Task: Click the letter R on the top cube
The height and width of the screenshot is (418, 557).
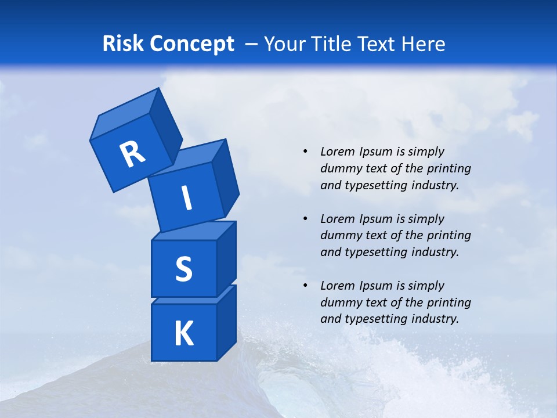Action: click(x=132, y=154)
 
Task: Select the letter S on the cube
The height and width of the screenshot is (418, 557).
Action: click(x=183, y=269)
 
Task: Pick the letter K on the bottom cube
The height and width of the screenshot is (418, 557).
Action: click(x=183, y=334)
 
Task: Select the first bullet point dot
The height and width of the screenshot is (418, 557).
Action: click(x=305, y=152)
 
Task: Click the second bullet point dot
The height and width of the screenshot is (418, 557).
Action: click(x=305, y=219)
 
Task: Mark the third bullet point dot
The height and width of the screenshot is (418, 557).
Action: click(x=305, y=286)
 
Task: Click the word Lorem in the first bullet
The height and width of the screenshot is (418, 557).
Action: click(x=337, y=152)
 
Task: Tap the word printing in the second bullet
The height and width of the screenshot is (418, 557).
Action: click(x=447, y=236)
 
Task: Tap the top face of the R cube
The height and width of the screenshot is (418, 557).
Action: click(x=124, y=113)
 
